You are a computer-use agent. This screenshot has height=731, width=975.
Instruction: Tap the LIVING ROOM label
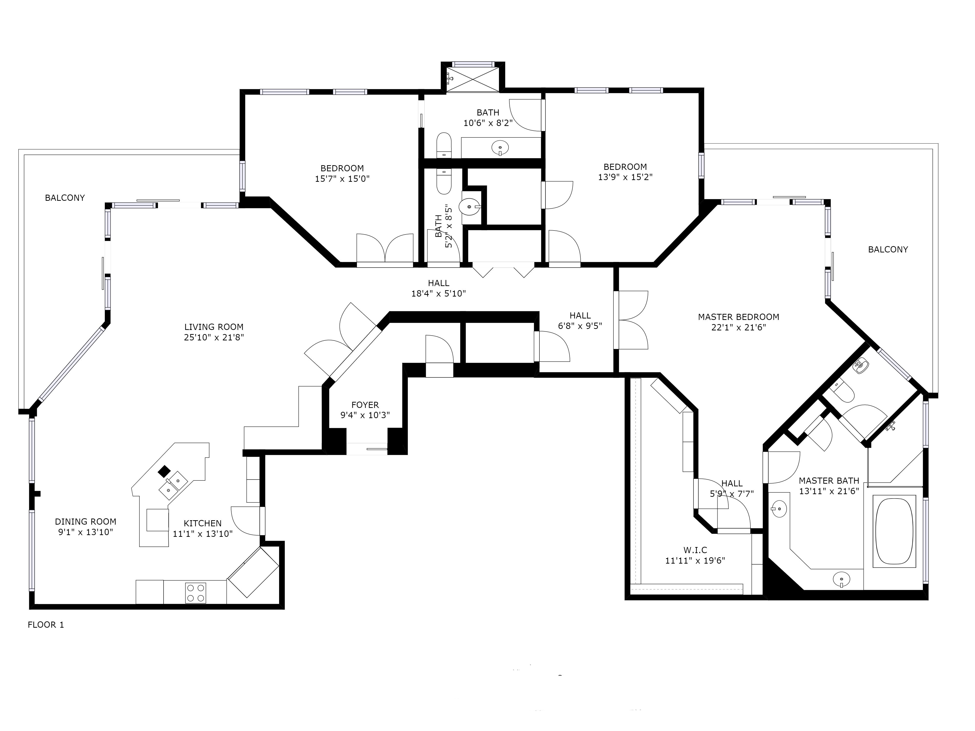click(x=214, y=327)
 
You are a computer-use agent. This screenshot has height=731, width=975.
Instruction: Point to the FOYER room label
click(x=365, y=404)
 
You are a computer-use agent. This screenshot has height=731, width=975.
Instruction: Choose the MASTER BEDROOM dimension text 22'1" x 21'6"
click(x=739, y=327)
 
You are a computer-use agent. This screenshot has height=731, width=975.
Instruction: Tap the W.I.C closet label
click(x=695, y=550)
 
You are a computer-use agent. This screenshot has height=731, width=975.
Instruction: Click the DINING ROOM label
click(x=86, y=521)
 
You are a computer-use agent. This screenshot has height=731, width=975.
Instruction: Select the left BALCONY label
click(x=65, y=198)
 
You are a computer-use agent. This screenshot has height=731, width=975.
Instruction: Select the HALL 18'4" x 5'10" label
click(x=439, y=288)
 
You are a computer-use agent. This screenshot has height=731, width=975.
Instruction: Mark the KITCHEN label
click(x=203, y=523)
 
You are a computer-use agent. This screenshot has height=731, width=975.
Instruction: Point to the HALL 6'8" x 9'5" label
click(x=580, y=320)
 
